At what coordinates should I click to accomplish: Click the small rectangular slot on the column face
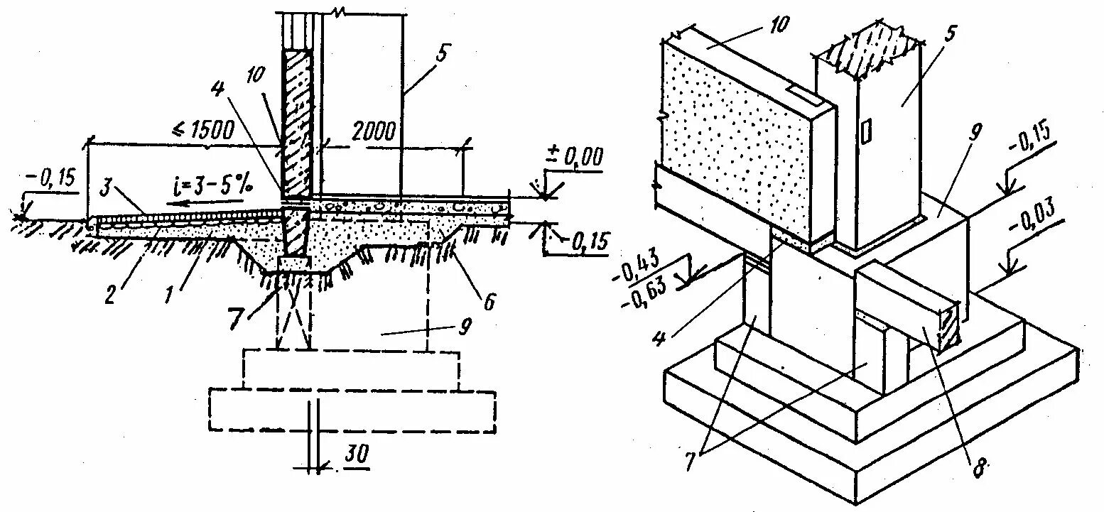(x=866, y=131)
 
